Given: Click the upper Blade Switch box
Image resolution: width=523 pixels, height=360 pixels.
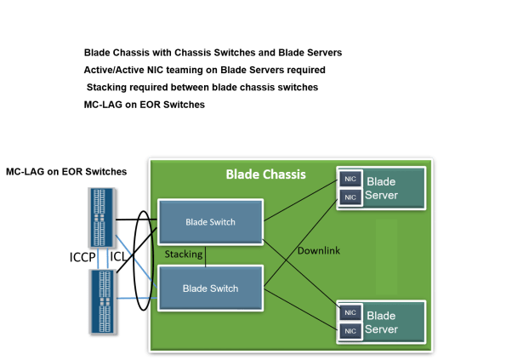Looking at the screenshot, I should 211,222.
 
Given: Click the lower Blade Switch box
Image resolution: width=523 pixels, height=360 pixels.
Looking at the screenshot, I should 211,289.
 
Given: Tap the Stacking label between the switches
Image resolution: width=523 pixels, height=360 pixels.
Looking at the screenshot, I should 184,254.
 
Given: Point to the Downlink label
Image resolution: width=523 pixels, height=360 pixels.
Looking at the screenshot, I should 319,250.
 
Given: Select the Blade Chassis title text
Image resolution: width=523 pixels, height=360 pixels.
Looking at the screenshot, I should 265,174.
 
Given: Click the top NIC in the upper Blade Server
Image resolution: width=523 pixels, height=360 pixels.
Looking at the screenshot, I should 350,179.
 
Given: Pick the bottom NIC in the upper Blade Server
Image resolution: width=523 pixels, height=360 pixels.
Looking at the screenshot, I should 350,197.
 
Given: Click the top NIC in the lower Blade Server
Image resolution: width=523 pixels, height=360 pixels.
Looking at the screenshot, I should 350,312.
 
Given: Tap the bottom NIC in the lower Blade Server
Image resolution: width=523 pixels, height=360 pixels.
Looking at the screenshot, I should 350,329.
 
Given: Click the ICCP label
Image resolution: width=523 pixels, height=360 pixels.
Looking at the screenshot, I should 83,256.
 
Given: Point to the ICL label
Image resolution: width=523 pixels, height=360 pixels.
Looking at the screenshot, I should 118,256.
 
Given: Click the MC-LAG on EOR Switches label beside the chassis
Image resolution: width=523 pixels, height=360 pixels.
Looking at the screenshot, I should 66,172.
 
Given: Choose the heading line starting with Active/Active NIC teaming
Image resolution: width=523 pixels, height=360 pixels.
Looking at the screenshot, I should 204,69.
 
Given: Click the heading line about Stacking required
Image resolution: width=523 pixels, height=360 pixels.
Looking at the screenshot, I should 202,87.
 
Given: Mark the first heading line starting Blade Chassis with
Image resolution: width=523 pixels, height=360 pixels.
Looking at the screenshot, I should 213,53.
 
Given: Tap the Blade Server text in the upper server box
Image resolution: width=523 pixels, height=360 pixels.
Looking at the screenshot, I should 380,188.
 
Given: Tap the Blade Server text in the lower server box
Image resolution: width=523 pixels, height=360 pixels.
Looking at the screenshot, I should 380,323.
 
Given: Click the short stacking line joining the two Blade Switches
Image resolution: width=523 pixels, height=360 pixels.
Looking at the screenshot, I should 205,254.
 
